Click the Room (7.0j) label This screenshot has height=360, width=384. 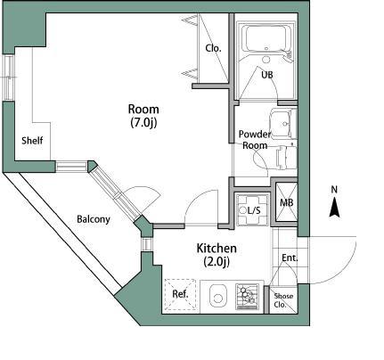coord(143,116)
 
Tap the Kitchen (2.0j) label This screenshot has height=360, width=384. coord(217,254)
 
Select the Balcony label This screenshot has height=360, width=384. coord(94,219)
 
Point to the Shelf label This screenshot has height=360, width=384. coord(32,140)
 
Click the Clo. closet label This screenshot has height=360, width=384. coord(213,48)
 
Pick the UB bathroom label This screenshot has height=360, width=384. coord(267,75)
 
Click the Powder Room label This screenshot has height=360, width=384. coord(255,140)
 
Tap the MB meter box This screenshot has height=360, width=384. coord(287,202)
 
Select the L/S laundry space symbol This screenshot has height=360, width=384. coord(253,209)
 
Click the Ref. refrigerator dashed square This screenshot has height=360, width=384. coord(180,294)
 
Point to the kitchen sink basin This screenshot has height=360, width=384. coord(217,297)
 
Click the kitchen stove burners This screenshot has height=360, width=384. coord(247,297)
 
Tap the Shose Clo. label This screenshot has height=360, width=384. coord(283,300)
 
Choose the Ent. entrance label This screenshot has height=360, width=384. coord(290,258)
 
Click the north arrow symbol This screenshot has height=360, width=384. coord(335,208)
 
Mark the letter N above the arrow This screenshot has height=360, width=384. coord(334,189)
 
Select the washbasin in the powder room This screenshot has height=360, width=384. coord(283,124)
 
